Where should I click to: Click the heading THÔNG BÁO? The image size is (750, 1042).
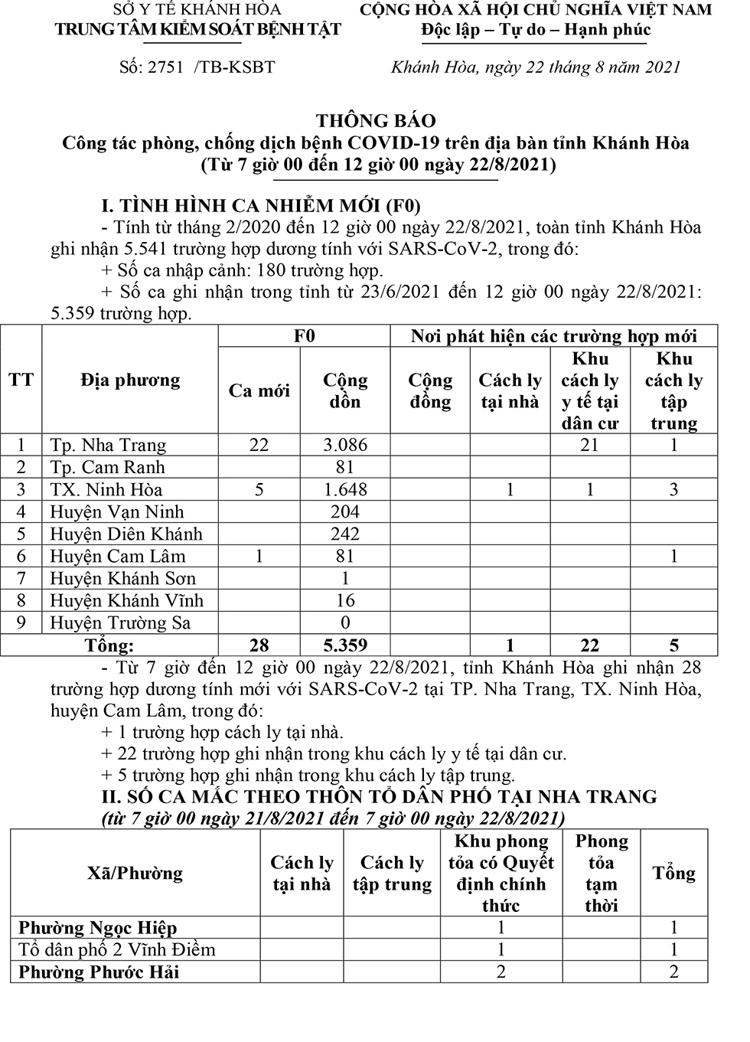(x=376, y=120)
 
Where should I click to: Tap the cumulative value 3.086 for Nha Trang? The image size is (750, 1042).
(x=345, y=445)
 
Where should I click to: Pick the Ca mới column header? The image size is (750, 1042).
(x=259, y=390)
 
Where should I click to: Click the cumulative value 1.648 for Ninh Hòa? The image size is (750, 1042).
(x=345, y=489)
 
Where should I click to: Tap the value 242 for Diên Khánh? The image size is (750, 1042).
(x=345, y=534)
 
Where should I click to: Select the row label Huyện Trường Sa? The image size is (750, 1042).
(x=120, y=622)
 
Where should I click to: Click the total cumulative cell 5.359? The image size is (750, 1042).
(x=345, y=645)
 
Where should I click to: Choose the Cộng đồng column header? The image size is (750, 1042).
(x=430, y=390)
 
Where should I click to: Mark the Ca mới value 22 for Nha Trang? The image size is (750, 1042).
(x=259, y=445)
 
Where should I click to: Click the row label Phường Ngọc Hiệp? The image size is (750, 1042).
(x=98, y=928)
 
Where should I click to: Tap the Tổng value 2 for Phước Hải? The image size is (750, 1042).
(x=673, y=972)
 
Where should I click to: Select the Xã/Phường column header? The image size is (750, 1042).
(x=135, y=873)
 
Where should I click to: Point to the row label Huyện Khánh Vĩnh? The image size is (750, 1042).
(x=127, y=600)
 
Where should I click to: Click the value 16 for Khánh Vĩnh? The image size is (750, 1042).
(x=345, y=600)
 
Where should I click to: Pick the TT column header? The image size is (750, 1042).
(x=21, y=380)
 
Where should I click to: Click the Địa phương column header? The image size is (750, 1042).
(x=130, y=380)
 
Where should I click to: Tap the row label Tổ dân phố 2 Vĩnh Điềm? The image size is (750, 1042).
(x=117, y=950)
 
